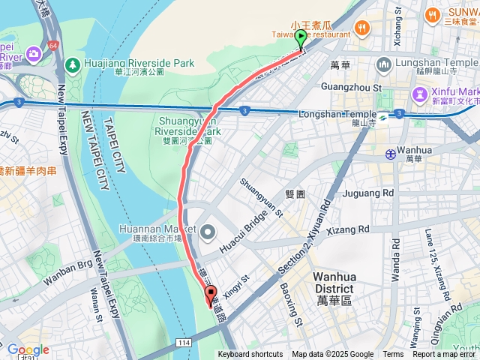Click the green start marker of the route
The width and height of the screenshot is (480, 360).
pyautogui.click(x=301, y=38)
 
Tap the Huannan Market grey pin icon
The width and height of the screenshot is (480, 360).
pyautogui.click(x=208, y=232)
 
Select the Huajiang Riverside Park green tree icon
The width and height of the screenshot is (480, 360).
pyautogui.click(x=71, y=64)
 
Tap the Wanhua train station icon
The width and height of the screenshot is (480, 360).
pyautogui.click(x=390, y=154)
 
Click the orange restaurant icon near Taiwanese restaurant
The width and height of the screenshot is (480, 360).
pyautogui.click(x=362, y=28)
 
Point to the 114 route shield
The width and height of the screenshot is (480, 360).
pyautogui.click(x=183, y=343)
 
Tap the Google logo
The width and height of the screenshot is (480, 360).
pyautogui.click(x=28, y=349)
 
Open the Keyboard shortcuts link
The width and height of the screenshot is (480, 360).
pyautogui.click(x=250, y=355)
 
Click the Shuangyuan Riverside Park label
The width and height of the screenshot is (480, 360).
pyautogui.click(x=189, y=124)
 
